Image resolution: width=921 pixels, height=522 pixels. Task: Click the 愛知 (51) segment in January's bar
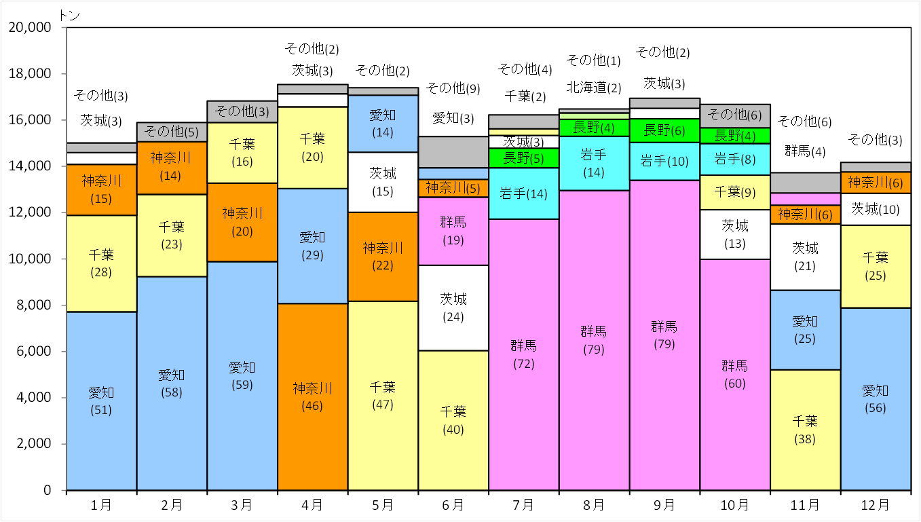pyautogui.click(x=102, y=400)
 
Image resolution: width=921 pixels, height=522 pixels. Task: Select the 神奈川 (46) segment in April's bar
pyautogui.click(x=312, y=396)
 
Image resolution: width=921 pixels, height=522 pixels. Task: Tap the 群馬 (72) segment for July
pyautogui.click(x=524, y=354)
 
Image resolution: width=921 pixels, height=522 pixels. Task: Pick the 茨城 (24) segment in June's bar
pyautogui.click(x=453, y=307)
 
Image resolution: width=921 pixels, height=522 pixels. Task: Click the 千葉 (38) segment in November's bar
pyautogui.click(x=805, y=430)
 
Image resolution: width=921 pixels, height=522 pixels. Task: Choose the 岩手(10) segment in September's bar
pyautogui.click(x=664, y=162)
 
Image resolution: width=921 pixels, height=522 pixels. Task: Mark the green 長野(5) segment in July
pyautogui.click(x=524, y=158)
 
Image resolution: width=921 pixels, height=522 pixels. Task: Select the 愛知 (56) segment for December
pyautogui.click(x=876, y=399)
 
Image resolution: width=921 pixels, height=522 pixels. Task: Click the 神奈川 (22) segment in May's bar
pyautogui.click(x=383, y=257)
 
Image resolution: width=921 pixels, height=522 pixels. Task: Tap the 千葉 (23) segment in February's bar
pyautogui.click(x=172, y=236)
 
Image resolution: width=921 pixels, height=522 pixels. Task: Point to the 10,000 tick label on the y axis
pyautogui.click(x=30, y=259)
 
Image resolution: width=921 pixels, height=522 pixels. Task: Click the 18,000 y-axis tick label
pyautogui.click(x=30, y=73)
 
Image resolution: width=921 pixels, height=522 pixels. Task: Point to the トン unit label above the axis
pyautogui.click(x=69, y=16)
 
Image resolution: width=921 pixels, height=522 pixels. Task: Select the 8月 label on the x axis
pyautogui.click(x=594, y=505)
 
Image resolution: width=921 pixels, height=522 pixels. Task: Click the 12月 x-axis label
pyautogui.click(x=876, y=505)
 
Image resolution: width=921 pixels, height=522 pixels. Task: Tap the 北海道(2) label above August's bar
pyautogui.click(x=594, y=87)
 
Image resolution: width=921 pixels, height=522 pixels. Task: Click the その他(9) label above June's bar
pyautogui.click(x=453, y=88)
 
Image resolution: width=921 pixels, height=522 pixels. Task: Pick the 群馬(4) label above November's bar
pyautogui.click(x=805, y=151)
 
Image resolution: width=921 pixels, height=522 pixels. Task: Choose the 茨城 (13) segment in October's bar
pyautogui.click(x=735, y=234)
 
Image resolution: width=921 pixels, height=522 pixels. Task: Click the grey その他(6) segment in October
pyautogui.click(x=735, y=116)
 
